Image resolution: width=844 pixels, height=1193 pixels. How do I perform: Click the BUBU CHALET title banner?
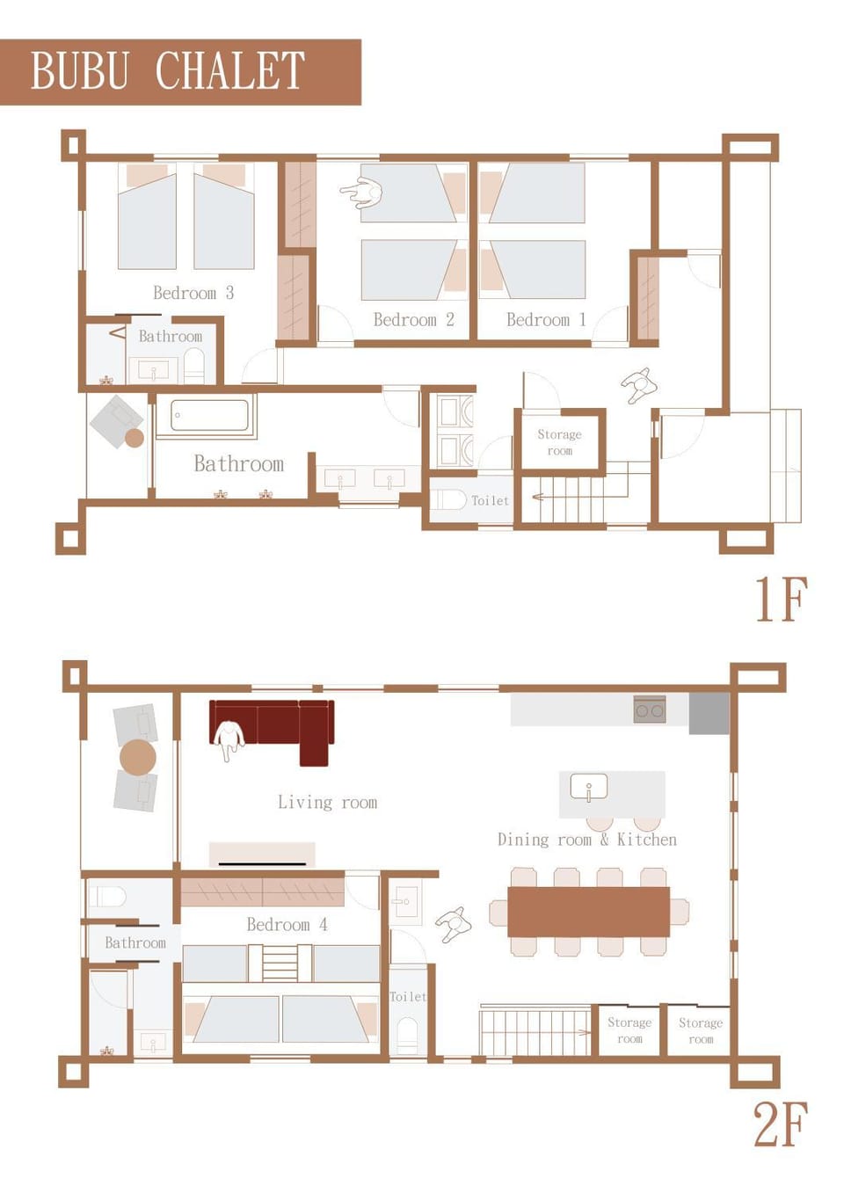(180, 72)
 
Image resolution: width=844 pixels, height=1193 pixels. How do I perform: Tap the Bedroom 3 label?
(193, 293)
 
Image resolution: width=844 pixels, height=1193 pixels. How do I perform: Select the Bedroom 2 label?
(413, 319)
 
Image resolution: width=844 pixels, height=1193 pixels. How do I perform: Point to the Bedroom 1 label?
(546, 319)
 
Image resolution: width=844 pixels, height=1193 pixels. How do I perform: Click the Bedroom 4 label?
(287, 924)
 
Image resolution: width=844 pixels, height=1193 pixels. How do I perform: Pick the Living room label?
(327, 802)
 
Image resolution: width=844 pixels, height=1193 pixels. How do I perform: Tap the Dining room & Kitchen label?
(586, 840)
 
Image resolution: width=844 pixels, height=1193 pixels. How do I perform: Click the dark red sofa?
(273, 731)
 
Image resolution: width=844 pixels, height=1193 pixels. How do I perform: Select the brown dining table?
(588, 912)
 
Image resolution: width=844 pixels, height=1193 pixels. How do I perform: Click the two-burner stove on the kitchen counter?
(650, 709)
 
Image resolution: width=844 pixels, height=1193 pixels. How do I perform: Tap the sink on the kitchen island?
(588, 787)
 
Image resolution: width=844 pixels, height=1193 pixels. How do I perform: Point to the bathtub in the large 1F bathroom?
(210, 416)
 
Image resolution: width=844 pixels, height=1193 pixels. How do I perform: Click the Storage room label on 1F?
(559, 442)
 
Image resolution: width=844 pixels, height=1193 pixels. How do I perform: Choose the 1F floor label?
(782, 600)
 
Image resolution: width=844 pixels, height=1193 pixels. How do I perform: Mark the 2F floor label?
(780, 1124)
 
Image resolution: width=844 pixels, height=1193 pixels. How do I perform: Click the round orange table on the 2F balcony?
(138, 757)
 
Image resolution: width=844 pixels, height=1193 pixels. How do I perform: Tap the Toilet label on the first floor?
(490, 500)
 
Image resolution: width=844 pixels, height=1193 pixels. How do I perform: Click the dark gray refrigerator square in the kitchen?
(709, 714)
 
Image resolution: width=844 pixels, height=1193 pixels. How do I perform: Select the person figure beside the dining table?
(454, 924)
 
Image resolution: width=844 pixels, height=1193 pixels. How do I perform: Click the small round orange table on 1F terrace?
(135, 439)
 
